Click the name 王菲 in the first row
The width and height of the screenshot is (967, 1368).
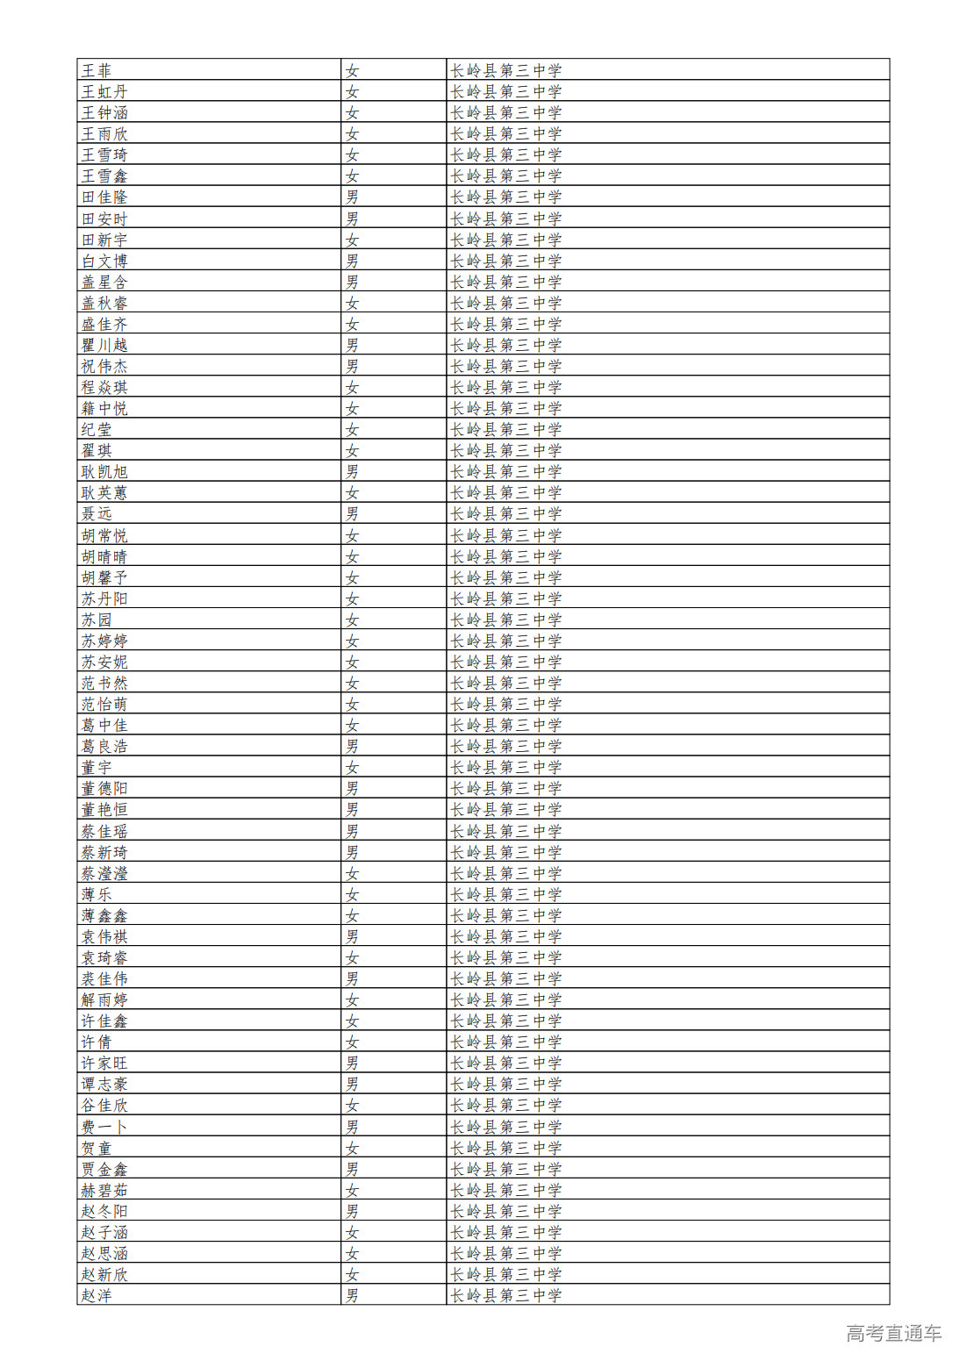(x=97, y=70)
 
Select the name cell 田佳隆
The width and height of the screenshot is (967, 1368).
(x=104, y=197)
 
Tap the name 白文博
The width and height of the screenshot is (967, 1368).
(x=104, y=261)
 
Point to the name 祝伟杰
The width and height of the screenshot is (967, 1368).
(x=104, y=366)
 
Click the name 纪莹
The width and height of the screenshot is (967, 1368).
(x=97, y=429)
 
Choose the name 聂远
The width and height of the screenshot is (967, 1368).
(x=97, y=513)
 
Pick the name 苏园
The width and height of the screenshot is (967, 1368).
(x=97, y=620)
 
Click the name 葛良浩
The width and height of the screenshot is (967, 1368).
(x=104, y=746)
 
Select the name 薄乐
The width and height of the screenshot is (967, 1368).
(x=97, y=894)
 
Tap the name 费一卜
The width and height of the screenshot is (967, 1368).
(x=104, y=1127)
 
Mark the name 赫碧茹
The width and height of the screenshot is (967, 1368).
(x=104, y=1190)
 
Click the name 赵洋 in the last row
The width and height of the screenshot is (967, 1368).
(x=97, y=1295)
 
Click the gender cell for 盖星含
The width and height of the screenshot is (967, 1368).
(x=352, y=282)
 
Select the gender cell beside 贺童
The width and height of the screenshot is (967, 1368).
(x=352, y=1148)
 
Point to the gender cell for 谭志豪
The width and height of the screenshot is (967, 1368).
(x=352, y=1085)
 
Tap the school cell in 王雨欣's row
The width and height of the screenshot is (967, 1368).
(x=506, y=133)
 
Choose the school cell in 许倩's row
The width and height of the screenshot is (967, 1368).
(x=506, y=1042)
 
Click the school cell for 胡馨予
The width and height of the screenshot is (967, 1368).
(x=506, y=577)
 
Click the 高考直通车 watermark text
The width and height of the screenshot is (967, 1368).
(x=893, y=1333)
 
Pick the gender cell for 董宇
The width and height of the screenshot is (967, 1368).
(x=352, y=767)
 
